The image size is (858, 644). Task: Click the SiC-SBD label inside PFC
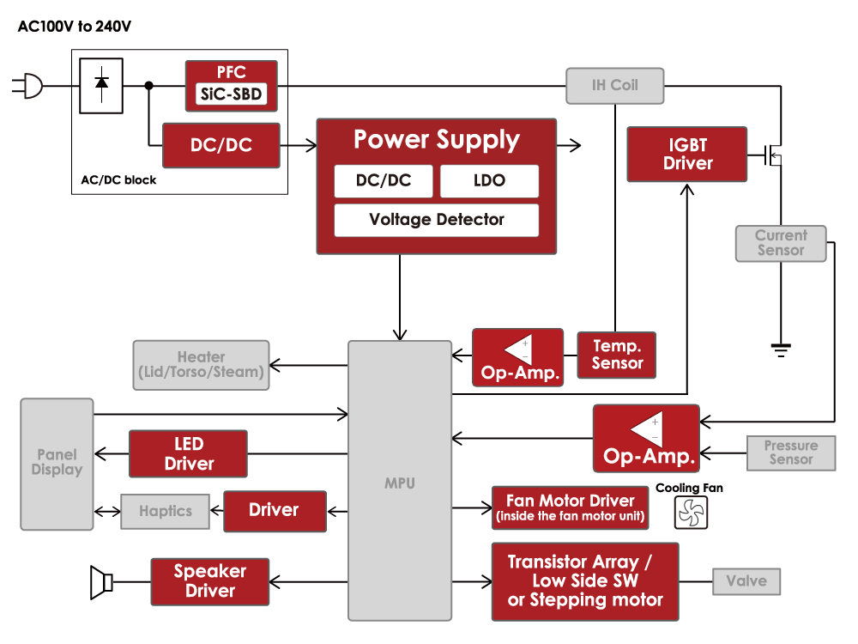point(232,95)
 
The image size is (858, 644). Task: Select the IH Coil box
point(614,86)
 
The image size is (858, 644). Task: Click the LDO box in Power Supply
point(489,181)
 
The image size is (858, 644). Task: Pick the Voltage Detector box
point(436,220)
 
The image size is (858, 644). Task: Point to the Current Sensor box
point(780,243)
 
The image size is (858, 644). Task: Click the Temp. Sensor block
point(616,355)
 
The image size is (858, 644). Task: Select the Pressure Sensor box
point(790,453)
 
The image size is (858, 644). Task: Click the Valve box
point(746,581)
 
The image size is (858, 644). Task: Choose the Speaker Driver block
point(209,581)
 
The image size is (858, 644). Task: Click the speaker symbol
point(101,582)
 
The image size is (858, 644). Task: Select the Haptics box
point(166,511)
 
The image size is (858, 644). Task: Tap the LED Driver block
point(188,453)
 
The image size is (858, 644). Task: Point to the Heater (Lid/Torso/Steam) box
point(201,365)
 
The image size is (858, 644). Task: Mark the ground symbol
point(780,348)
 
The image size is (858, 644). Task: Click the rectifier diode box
point(100,85)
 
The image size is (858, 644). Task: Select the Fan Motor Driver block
point(570,508)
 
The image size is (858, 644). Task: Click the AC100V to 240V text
point(75,27)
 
